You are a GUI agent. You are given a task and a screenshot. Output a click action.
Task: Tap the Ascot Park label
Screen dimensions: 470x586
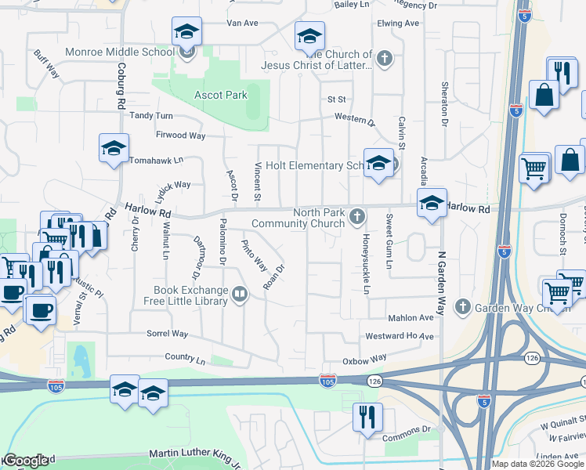point(221,95)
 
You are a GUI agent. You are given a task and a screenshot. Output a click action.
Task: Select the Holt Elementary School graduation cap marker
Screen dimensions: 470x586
point(378,164)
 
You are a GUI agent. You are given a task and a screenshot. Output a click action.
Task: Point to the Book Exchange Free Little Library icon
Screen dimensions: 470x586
point(241,295)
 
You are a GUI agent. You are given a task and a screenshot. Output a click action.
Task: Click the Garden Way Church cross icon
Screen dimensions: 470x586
point(463,305)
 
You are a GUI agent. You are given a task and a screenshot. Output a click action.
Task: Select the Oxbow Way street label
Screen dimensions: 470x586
point(365,359)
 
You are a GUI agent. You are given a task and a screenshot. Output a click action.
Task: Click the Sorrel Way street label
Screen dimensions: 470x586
point(168,334)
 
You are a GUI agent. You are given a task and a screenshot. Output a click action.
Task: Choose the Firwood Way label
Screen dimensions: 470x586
point(180,136)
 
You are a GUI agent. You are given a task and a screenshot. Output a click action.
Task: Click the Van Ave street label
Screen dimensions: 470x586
point(242,23)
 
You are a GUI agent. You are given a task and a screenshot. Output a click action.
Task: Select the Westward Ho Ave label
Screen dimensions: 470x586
point(400,336)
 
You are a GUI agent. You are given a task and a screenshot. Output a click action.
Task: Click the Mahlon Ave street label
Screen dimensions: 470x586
point(411,318)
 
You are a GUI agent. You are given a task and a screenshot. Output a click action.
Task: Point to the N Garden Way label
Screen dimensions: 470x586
point(441,282)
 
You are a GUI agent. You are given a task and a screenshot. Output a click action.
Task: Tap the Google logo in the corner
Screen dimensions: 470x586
point(26,461)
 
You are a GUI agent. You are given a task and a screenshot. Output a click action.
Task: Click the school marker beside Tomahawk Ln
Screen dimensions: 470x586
point(114,147)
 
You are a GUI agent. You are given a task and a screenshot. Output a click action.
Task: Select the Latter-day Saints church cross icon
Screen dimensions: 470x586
point(384,57)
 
